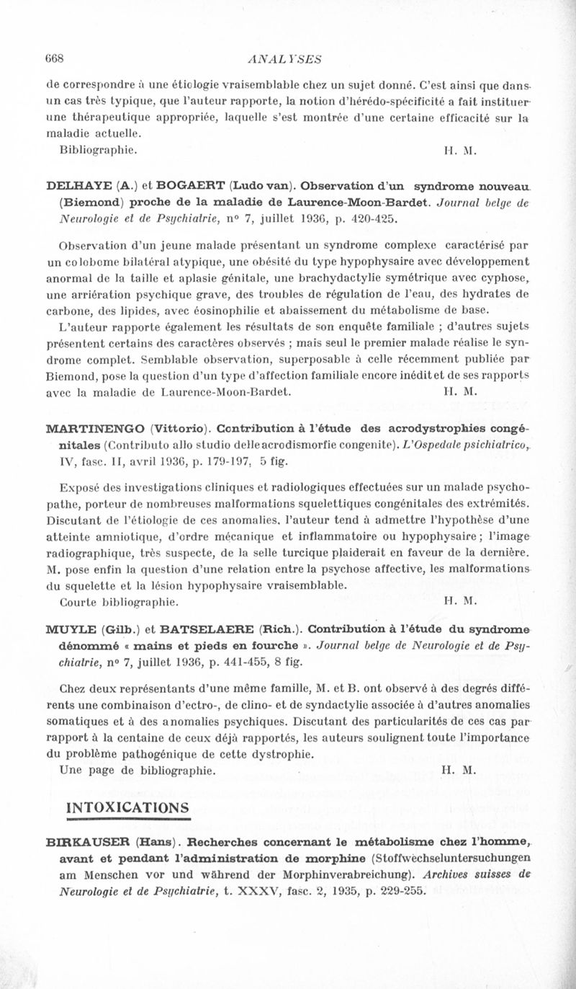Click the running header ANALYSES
coord(283,59)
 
